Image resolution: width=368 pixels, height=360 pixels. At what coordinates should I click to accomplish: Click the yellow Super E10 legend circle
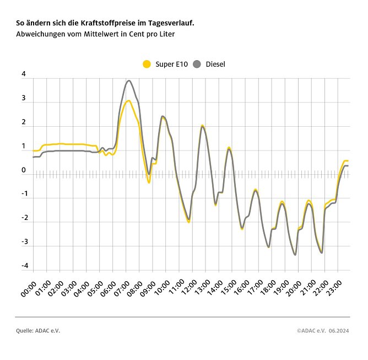pyautogui.click(x=147, y=65)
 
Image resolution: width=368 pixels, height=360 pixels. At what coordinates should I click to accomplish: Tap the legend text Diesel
pyautogui.click(x=215, y=65)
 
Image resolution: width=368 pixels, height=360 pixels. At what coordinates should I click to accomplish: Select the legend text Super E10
pyautogui.click(x=171, y=65)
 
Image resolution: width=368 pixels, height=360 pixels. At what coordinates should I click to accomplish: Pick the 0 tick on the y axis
pyautogui.click(x=24, y=171)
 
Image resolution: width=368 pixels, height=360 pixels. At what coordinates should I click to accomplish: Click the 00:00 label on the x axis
pyautogui.click(x=28, y=290)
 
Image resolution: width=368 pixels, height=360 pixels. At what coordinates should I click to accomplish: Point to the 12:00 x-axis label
pyautogui.click(x=187, y=290)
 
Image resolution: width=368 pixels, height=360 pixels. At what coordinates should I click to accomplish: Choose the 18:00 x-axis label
pyautogui.click(x=266, y=290)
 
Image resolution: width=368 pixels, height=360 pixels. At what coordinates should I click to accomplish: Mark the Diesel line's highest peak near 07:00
pyautogui.click(x=129, y=80)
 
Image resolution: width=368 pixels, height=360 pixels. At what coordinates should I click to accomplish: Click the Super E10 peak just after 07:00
pyautogui.click(x=128, y=101)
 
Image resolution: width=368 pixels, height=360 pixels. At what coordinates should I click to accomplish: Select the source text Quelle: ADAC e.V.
pyautogui.click(x=38, y=331)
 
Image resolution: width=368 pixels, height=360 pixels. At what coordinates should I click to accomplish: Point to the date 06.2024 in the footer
pyautogui.click(x=339, y=331)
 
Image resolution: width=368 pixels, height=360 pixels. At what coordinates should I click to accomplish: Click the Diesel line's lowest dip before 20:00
pyautogui.click(x=295, y=255)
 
